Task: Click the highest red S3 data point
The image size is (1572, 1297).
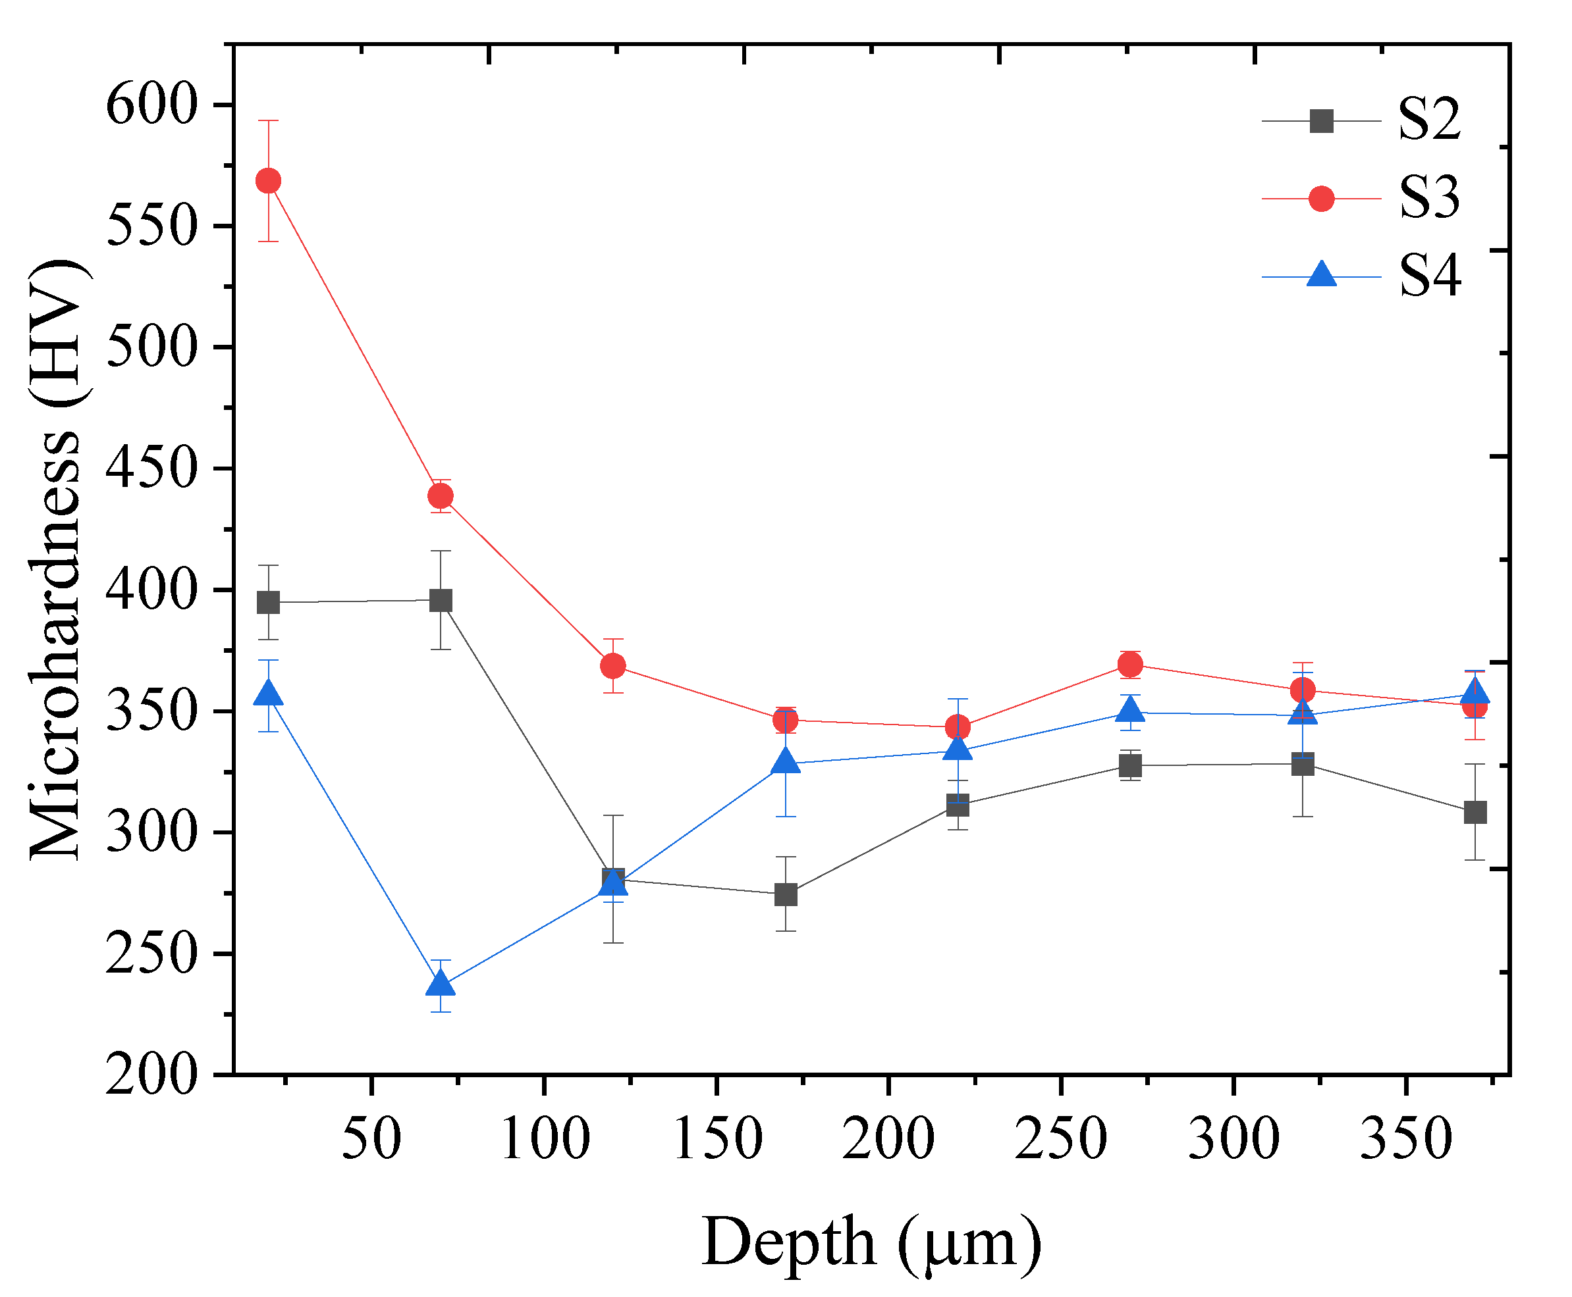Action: (267, 181)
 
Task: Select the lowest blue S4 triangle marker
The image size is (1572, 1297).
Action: (441, 984)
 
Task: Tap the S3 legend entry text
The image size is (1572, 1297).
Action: (1428, 198)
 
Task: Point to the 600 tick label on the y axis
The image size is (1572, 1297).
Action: (151, 105)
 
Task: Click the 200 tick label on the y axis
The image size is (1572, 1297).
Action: (151, 1076)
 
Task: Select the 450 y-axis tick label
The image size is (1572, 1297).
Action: (151, 469)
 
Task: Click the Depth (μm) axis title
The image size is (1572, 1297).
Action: (871, 1242)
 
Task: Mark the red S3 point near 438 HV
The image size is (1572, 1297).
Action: (441, 496)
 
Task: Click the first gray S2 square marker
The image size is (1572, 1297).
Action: (267, 602)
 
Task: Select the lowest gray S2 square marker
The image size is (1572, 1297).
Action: (785, 894)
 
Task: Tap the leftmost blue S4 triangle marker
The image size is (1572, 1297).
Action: (267, 694)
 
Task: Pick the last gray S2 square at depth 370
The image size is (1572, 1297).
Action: (1474, 812)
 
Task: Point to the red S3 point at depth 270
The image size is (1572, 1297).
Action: (1129, 664)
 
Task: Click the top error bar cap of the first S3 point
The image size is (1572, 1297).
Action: (267, 120)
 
